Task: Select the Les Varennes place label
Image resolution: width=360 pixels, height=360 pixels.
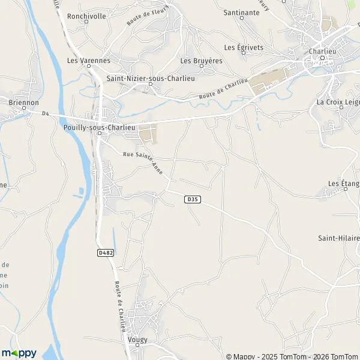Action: (x=88, y=61)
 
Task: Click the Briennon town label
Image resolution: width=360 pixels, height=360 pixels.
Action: (x=23, y=103)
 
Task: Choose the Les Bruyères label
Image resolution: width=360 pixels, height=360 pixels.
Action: (x=201, y=61)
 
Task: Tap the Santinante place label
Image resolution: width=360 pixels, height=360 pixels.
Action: (x=241, y=12)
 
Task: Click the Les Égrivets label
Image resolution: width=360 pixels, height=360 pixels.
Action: (x=244, y=47)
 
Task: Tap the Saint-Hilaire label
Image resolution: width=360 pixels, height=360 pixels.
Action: (x=338, y=238)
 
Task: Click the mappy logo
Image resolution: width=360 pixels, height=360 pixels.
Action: (x=19, y=353)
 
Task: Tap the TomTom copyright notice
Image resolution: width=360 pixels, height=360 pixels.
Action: (x=292, y=356)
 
